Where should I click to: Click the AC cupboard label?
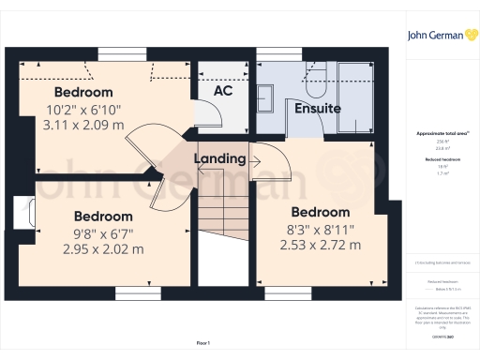(x=223, y=92)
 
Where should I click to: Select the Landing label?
(x=219, y=159)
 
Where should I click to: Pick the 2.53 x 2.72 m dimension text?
(x=320, y=246)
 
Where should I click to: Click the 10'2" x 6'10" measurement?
(x=83, y=109)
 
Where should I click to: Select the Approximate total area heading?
(x=438, y=134)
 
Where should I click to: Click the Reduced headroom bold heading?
(x=438, y=159)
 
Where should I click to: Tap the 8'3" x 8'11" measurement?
(x=320, y=230)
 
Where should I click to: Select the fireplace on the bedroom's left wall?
(x=22, y=211)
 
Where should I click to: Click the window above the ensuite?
(x=275, y=52)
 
